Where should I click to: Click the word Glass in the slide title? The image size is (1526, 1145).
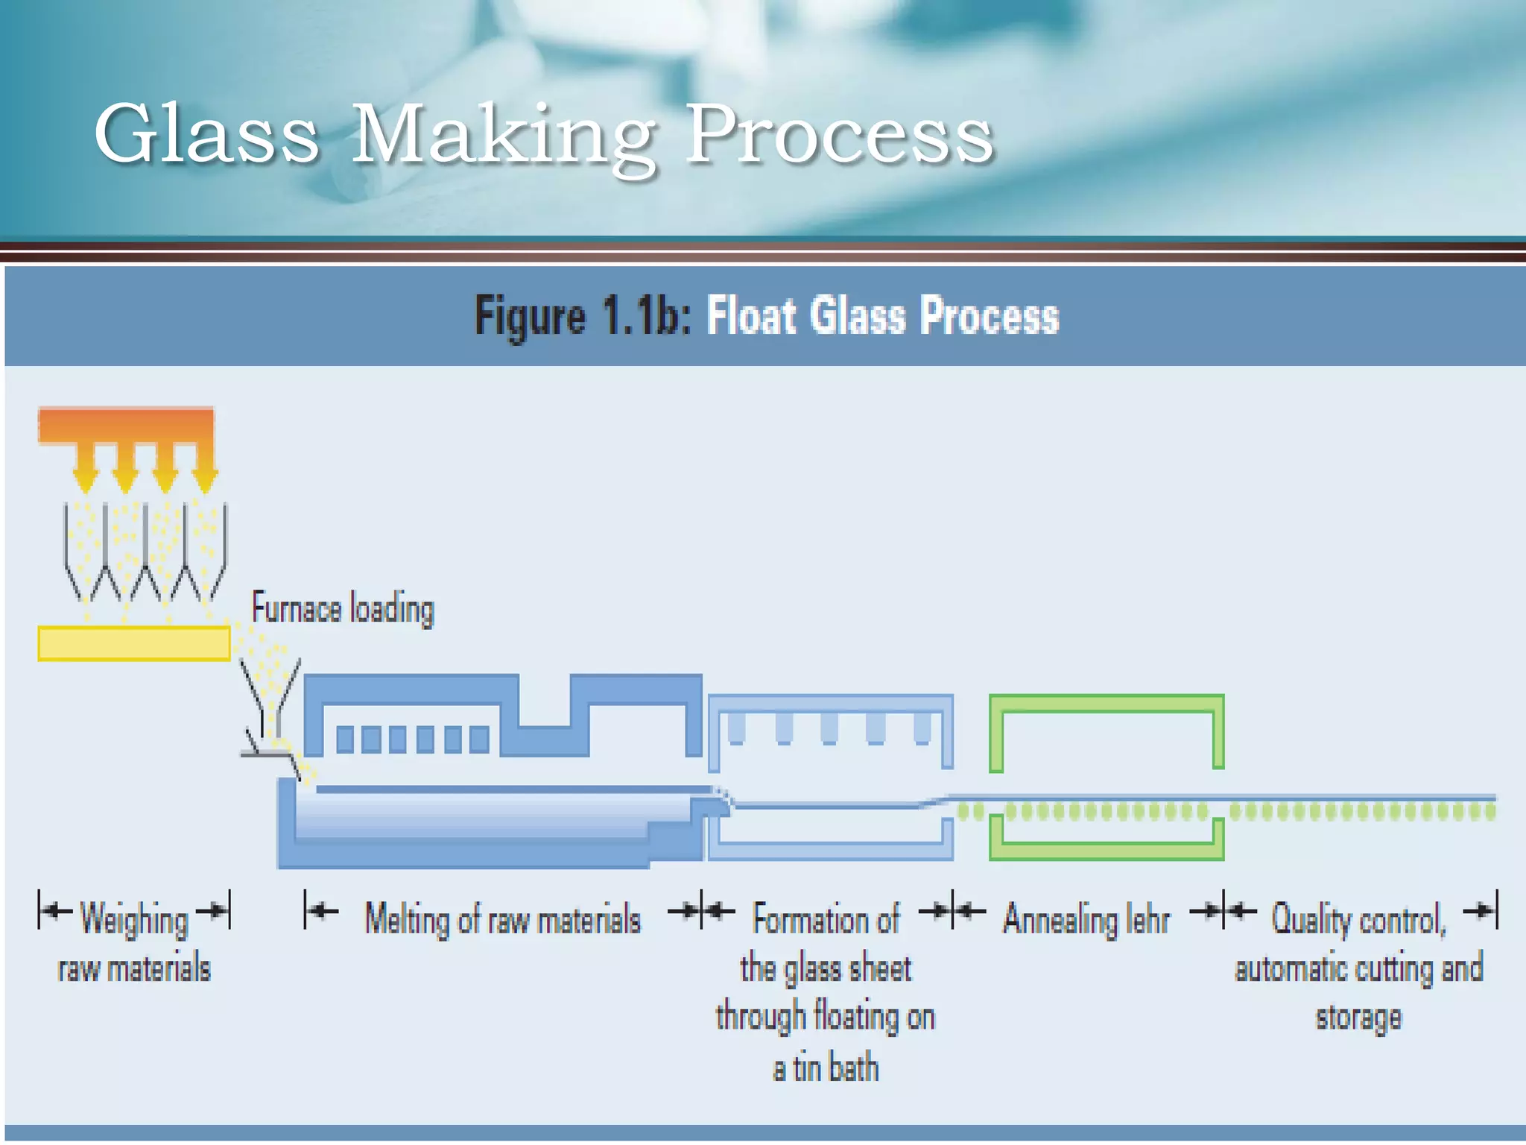(x=206, y=134)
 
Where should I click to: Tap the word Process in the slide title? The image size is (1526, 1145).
(x=840, y=134)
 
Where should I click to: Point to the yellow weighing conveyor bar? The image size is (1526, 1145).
(x=134, y=643)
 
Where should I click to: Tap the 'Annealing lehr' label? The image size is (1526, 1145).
(x=1086, y=918)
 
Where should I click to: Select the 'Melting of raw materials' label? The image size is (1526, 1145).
(x=502, y=918)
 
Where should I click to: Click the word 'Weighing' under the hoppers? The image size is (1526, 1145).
(x=134, y=918)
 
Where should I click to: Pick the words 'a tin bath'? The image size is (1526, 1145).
(x=826, y=1068)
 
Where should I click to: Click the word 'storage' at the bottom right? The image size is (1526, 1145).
(x=1358, y=1018)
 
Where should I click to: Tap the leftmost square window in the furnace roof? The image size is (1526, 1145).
(x=345, y=739)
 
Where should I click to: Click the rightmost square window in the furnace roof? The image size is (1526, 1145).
(x=480, y=739)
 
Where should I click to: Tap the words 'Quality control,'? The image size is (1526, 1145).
(x=1358, y=918)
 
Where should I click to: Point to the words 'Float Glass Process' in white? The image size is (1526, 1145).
(x=882, y=316)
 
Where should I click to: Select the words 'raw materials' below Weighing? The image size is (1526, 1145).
(x=134, y=969)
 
